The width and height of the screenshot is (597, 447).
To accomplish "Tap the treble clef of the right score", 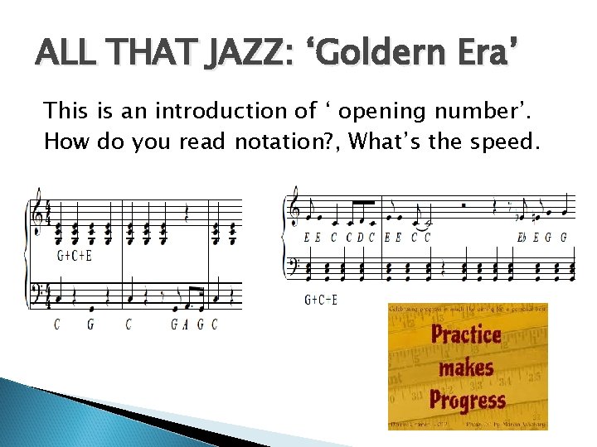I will click(294, 212).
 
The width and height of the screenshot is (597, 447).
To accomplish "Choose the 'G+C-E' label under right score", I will click(321, 299).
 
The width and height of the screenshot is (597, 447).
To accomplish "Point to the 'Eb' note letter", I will click(522, 237).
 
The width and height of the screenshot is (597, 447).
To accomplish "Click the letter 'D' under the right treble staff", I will click(361, 237).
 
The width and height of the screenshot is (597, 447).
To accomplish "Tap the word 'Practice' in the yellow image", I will click(466, 335).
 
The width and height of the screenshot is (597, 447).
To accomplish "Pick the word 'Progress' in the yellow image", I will click(468, 400).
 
